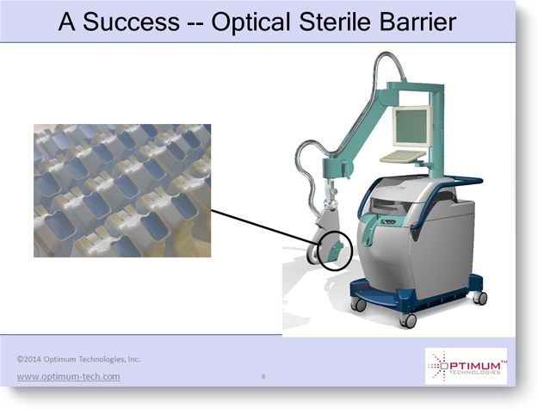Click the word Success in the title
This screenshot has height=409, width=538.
tap(131, 22)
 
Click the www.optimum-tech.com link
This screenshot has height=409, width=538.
tap(68, 377)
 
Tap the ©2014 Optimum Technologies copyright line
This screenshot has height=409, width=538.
tap(78, 359)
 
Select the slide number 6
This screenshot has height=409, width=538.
tap(263, 376)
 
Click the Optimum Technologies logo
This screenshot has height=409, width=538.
tap(466, 366)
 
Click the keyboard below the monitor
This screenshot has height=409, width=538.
tap(404, 157)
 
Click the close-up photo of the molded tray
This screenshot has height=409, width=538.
tap(122, 190)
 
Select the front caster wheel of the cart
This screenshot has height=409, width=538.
tap(408, 320)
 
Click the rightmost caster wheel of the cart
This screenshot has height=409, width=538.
tap(480, 297)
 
